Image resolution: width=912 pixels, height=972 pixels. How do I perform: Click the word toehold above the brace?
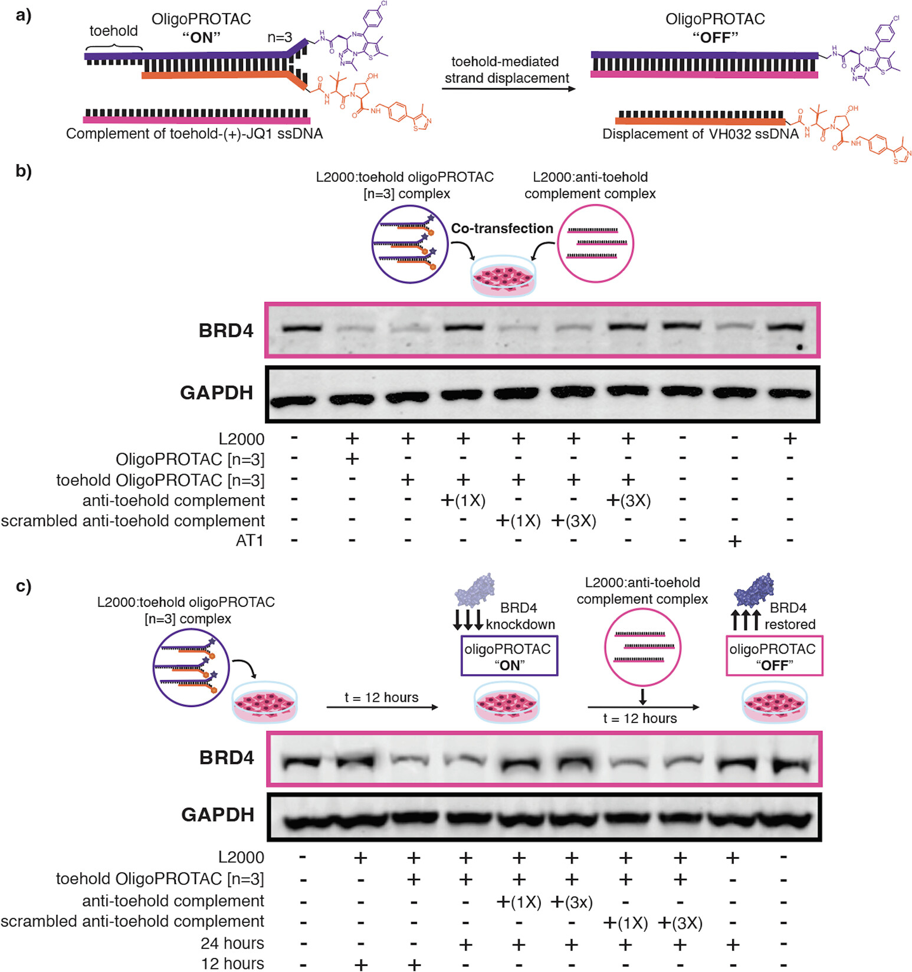click(113, 31)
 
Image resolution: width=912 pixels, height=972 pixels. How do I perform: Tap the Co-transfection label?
click(502, 228)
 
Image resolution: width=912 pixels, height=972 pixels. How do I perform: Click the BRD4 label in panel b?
click(226, 331)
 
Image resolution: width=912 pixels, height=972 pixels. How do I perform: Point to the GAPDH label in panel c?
click(218, 815)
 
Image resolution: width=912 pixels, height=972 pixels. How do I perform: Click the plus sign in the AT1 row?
click(734, 541)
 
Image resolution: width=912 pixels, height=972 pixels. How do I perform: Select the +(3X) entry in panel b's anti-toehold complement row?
click(628, 501)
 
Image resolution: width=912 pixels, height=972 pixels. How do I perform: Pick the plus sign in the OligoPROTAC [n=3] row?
click(352, 459)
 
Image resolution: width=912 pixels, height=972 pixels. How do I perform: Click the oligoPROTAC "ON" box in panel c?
click(509, 656)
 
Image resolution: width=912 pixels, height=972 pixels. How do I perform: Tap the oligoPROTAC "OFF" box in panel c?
click(773, 656)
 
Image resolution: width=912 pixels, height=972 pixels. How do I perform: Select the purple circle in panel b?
click(410, 244)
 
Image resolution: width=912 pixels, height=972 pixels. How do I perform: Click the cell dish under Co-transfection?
click(503, 277)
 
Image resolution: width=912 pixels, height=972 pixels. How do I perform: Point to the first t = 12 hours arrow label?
click(381, 697)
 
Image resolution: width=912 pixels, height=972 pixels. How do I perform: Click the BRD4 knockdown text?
click(519, 616)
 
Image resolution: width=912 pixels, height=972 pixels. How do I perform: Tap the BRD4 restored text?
click(789, 616)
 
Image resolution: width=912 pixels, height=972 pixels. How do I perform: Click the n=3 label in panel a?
click(280, 37)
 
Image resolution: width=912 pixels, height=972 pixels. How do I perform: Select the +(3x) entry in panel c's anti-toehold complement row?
click(570, 902)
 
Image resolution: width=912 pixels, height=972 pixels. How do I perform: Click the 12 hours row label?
click(232, 963)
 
